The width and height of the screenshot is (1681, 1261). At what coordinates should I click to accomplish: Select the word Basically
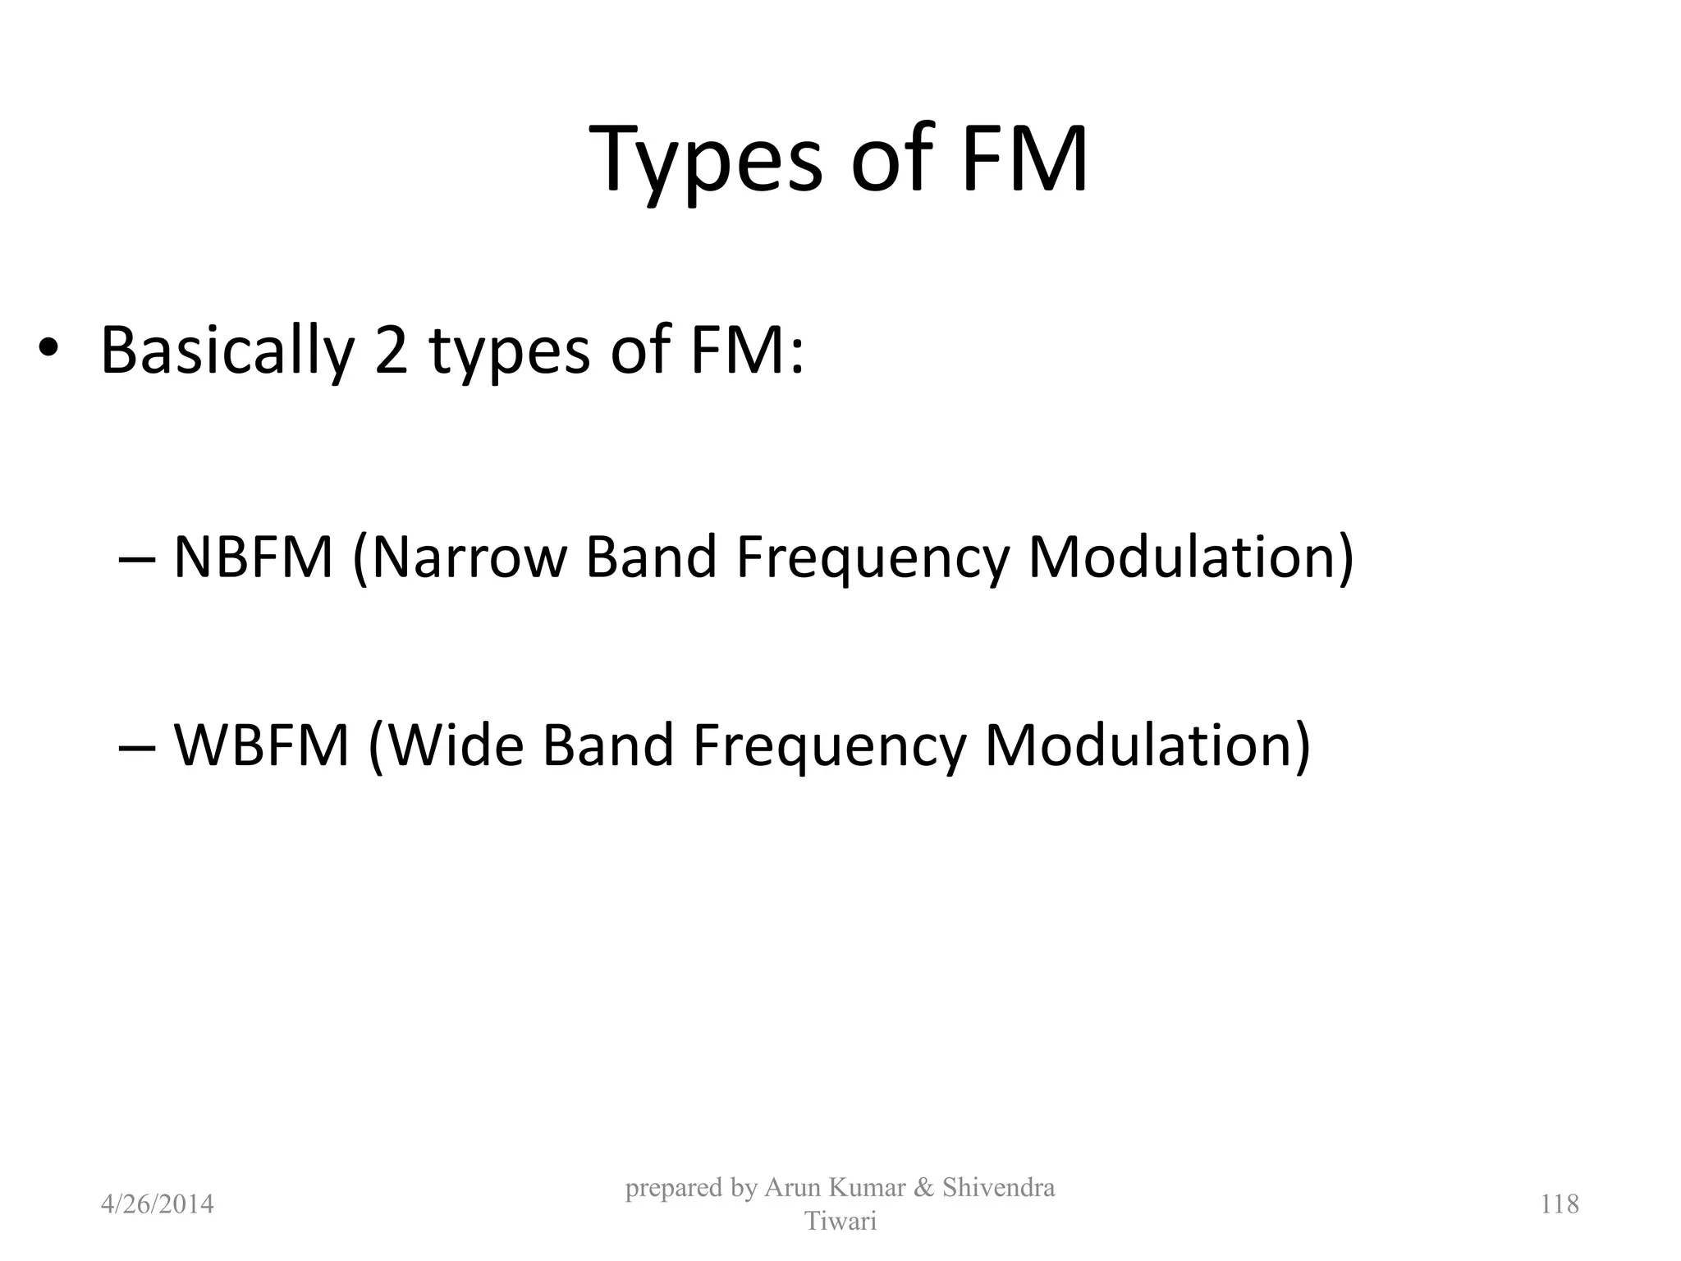(227, 351)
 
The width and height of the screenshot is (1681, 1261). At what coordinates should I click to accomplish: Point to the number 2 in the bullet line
(392, 351)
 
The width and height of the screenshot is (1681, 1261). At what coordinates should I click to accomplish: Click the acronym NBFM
(254, 557)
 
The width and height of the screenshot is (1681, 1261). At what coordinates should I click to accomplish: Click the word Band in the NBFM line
(652, 557)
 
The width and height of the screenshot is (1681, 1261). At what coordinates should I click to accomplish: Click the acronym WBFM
(262, 745)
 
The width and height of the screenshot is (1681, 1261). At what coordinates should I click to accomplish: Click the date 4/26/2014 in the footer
(157, 1204)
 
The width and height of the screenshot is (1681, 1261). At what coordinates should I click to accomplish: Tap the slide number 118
(1560, 1204)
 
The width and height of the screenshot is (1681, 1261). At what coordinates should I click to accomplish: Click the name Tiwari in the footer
(840, 1222)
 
